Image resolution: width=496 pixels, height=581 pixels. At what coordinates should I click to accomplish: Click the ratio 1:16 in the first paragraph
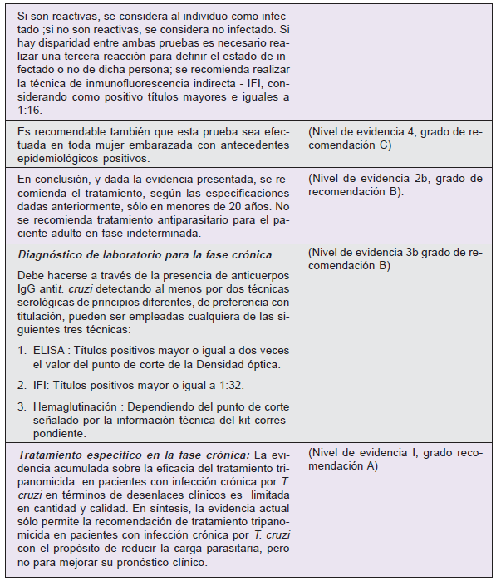click(x=30, y=110)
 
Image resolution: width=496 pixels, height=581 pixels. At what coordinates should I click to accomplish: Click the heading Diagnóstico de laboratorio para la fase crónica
click(x=145, y=254)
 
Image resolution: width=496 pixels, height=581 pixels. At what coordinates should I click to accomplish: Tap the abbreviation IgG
click(x=28, y=287)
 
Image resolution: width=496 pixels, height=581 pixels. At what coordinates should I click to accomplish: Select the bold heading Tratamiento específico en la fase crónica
click(x=133, y=455)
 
